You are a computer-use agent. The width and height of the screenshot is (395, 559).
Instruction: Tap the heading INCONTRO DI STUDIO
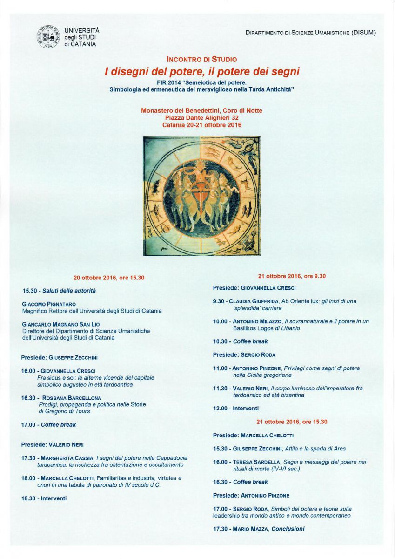201,60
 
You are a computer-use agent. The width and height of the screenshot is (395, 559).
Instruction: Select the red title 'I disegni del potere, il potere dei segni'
202,72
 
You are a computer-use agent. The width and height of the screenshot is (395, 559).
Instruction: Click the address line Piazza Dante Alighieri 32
201,118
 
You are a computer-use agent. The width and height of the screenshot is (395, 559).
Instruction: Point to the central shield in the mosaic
201,195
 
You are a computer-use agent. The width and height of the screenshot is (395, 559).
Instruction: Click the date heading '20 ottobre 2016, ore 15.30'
109,278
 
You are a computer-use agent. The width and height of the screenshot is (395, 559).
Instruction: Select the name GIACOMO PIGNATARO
49,304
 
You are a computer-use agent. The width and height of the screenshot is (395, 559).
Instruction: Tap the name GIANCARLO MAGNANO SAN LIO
61,324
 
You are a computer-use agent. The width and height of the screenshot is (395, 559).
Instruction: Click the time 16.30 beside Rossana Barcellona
28,398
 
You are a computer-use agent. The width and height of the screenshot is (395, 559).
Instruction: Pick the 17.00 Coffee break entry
48,425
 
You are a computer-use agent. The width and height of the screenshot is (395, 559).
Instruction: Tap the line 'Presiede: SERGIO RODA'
244,355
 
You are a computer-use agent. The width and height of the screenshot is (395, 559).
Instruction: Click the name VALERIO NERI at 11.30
250,389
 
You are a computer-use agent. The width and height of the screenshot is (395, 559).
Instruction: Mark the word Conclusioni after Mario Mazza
288,529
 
